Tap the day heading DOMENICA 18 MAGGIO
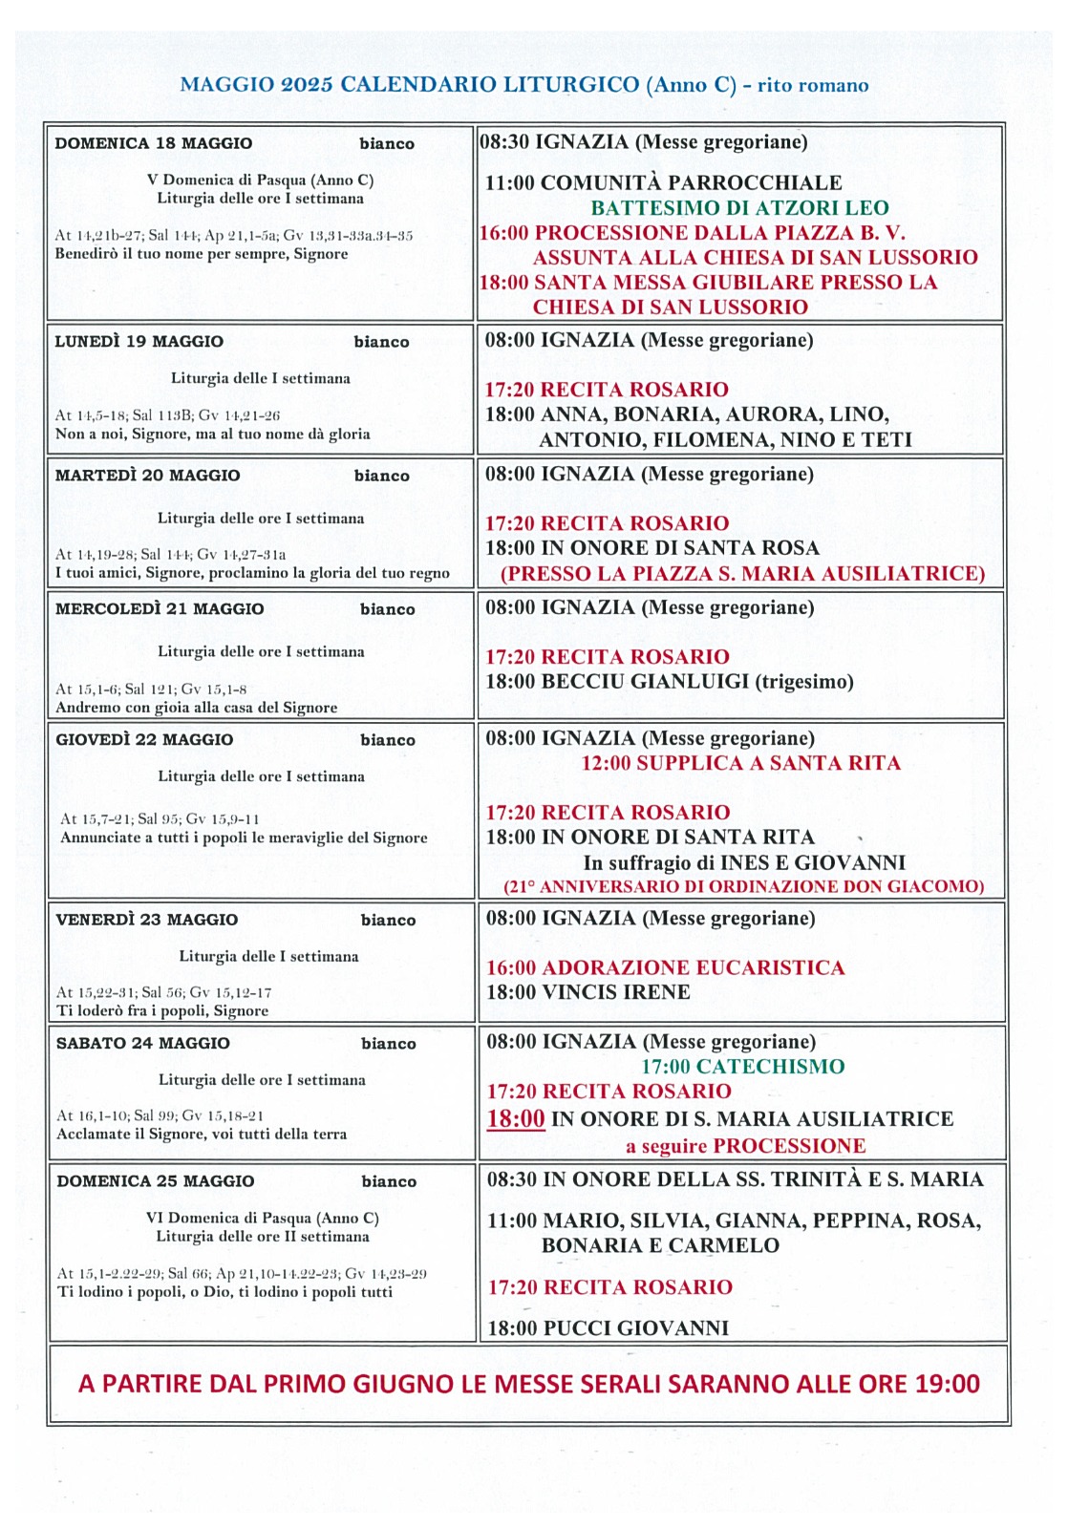(x=154, y=144)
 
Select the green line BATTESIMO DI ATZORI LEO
(x=739, y=208)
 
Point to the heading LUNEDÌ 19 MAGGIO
(x=139, y=342)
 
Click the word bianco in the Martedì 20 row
(x=381, y=476)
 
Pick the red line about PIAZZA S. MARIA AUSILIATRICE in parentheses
(x=742, y=574)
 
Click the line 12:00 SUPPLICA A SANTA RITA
(x=740, y=763)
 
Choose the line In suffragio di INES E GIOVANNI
(x=744, y=862)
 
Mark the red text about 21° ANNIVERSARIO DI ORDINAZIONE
(x=743, y=886)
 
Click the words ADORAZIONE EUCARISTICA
(x=694, y=968)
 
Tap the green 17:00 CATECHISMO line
(x=742, y=1067)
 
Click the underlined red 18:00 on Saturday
(x=516, y=1119)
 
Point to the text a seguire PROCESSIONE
(x=745, y=1146)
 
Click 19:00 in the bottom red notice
(x=946, y=1384)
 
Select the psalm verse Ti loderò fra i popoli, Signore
(x=162, y=1011)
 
